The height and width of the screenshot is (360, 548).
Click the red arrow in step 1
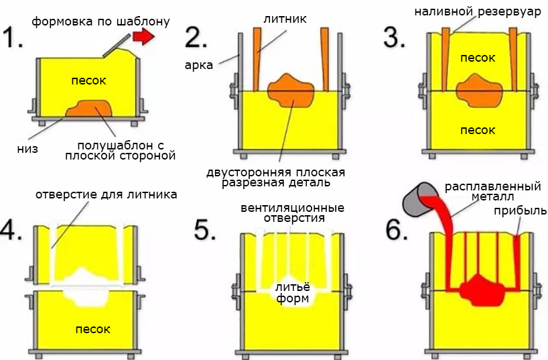click(x=142, y=38)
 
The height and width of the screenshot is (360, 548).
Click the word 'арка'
click(x=200, y=64)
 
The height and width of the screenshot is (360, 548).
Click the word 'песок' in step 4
click(x=92, y=329)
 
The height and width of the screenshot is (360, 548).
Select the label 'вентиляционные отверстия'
click(x=292, y=213)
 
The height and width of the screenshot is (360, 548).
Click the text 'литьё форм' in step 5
click(x=292, y=292)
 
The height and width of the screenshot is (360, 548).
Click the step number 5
click(x=204, y=229)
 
